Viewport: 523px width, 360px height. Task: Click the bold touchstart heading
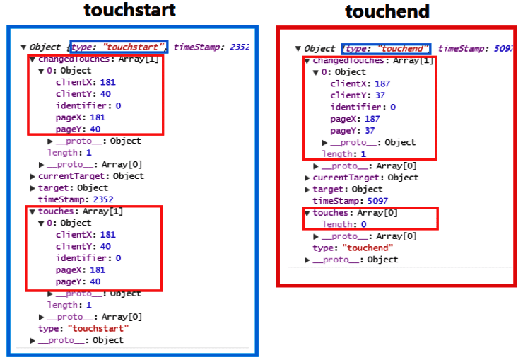[x=130, y=10]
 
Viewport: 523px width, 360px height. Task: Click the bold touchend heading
[x=387, y=11]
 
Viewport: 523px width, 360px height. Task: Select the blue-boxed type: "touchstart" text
[x=119, y=47]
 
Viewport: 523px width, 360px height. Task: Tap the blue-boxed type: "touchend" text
[x=387, y=49]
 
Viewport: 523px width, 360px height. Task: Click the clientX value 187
[x=382, y=83]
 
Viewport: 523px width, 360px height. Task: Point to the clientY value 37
[x=380, y=95]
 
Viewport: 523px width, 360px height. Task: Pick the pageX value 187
[x=372, y=119]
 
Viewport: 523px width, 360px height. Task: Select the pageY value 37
[x=370, y=130]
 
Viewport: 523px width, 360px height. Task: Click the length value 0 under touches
[x=363, y=224]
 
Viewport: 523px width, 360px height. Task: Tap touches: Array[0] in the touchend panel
[x=355, y=212]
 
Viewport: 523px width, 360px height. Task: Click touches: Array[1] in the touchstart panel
[x=81, y=211]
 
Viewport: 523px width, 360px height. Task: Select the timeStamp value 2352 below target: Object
[x=103, y=199]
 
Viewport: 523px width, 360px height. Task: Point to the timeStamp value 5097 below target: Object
[x=377, y=201]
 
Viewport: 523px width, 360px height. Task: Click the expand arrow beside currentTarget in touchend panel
[x=307, y=178]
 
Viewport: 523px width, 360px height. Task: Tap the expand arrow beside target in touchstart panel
[x=33, y=188]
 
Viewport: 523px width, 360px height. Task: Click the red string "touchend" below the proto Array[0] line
[x=368, y=248]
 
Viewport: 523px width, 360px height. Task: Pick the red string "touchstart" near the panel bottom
[x=98, y=329]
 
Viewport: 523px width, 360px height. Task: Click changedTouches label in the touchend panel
[x=348, y=60]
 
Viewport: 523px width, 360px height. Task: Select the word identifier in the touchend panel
[x=355, y=107]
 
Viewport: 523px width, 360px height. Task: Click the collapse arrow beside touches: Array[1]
[x=33, y=211]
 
